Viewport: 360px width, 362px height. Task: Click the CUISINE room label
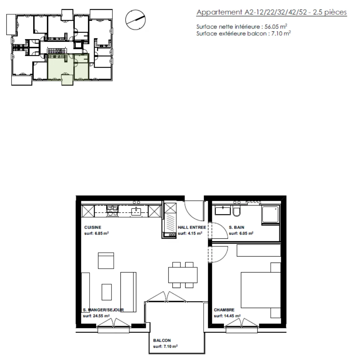tap(92, 227)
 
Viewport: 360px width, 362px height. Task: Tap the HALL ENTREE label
tap(192, 227)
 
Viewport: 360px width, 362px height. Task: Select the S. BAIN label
tap(236, 227)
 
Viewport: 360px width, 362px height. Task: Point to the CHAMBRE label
tap(224, 310)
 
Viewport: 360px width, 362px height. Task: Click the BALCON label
tap(162, 340)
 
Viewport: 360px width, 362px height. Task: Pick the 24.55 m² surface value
tap(101, 316)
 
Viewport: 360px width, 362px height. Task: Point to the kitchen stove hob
tap(113, 211)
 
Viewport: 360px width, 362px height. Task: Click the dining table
tap(183, 275)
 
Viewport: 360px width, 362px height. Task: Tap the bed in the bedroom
tap(261, 290)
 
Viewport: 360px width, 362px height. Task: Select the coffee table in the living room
tap(107, 292)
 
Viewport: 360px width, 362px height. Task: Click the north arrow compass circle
tap(135, 20)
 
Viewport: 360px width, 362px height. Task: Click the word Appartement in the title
tap(219, 13)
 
